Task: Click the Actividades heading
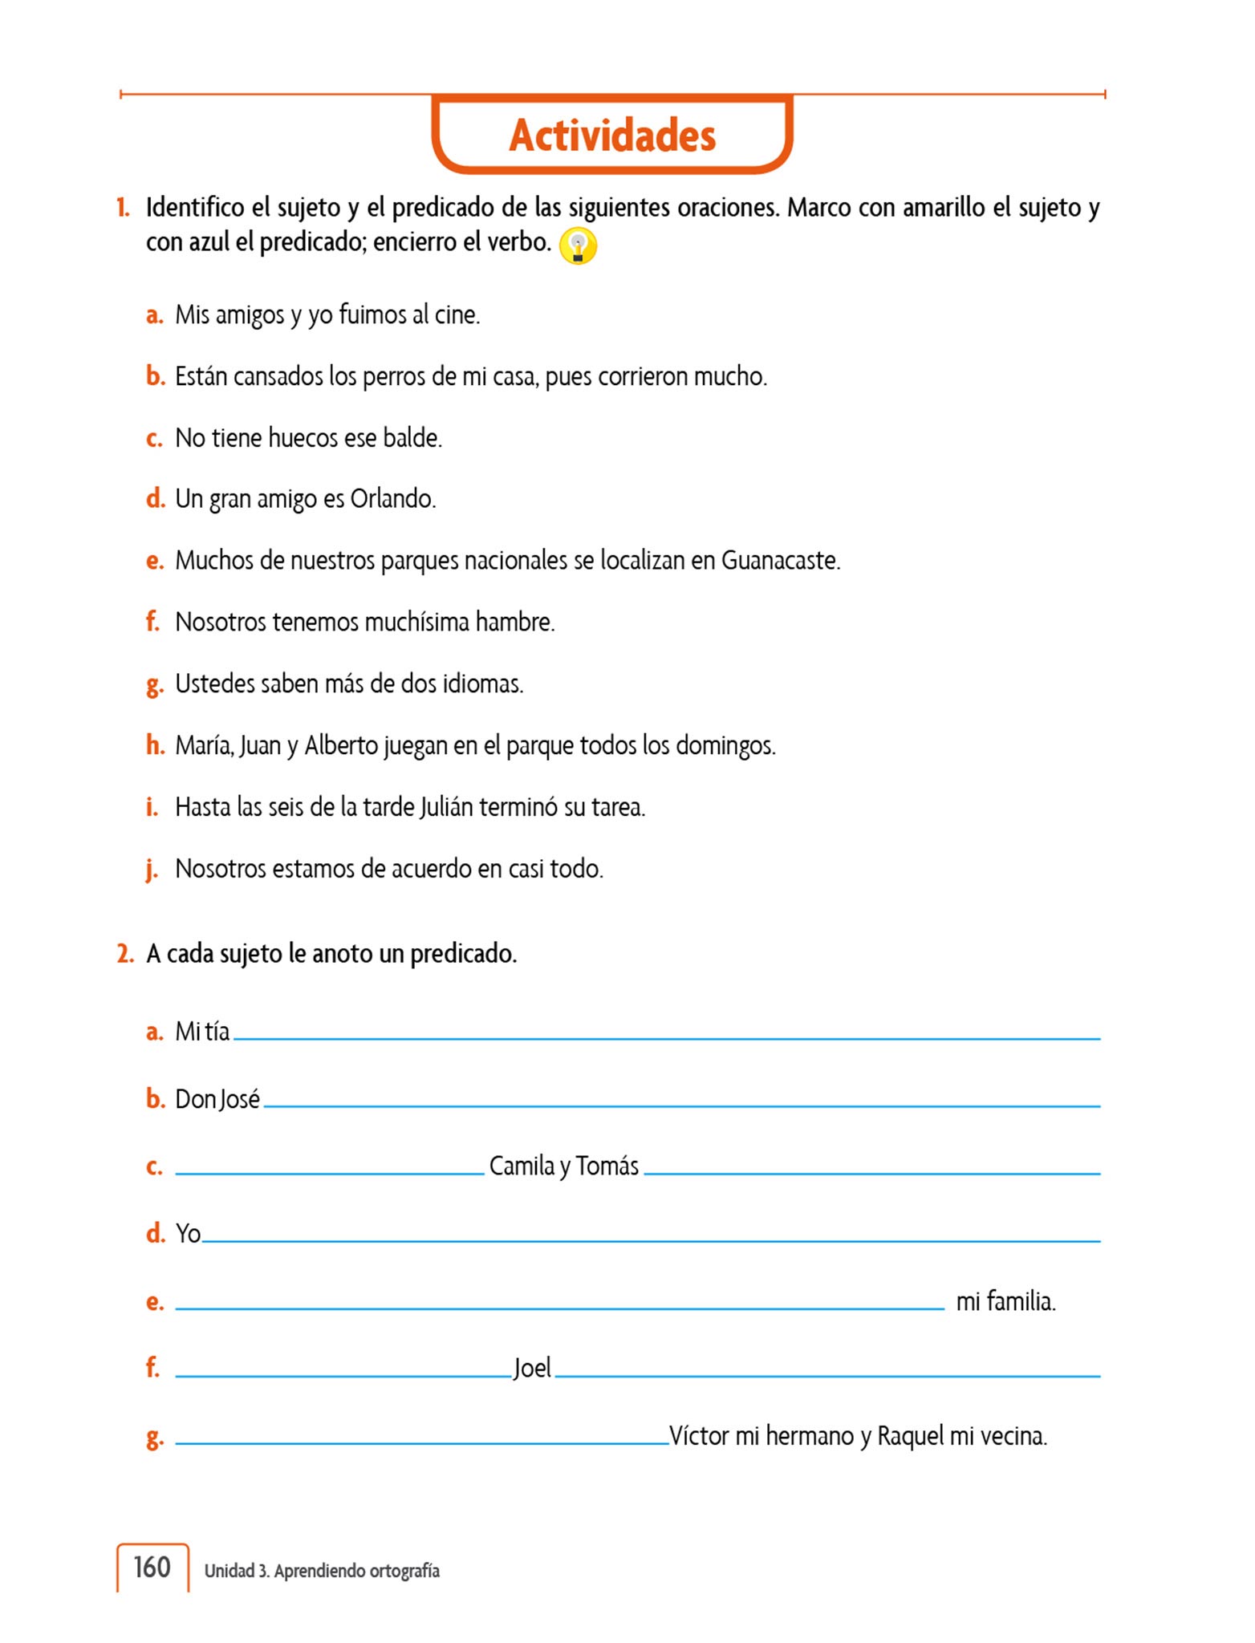[x=612, y=135]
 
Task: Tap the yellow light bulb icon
[x=578, y=245]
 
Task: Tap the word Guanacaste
[x=780, y=560]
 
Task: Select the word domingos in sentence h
[x=725, y=746]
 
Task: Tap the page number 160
[x=152, y=1567]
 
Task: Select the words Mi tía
[x=202, y=1032]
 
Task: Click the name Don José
[x=217, y=1099]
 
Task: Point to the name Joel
[x=533, y=1368]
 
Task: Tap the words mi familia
[x=1005, y=1301]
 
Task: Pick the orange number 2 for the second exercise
[x=125, y=954]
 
